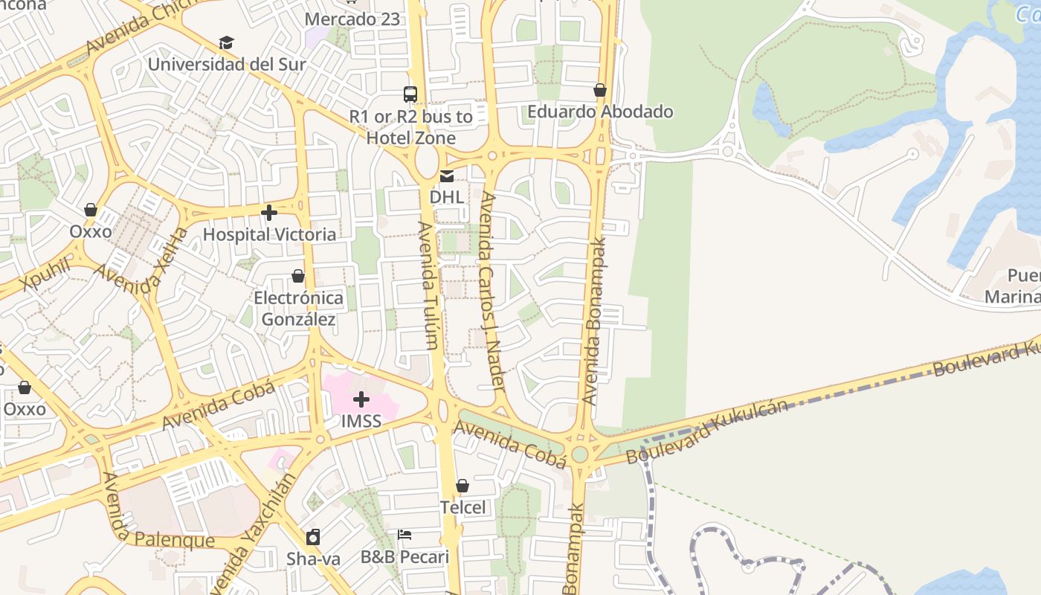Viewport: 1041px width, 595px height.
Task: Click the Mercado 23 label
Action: tap(352, 19)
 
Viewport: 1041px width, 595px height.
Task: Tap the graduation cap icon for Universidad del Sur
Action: tap(226, 43)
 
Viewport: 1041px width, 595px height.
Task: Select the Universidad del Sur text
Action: tap(226, 64)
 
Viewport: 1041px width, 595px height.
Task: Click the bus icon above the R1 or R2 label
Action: tap(410, 94)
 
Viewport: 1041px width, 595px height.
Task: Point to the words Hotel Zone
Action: tap(410, 138)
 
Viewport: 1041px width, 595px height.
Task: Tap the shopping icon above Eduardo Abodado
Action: tap(600, 90)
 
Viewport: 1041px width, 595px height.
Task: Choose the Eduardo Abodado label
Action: tap(600, 112)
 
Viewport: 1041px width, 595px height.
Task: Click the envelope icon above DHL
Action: tap(447, 176)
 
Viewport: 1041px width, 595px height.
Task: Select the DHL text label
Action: tap(447, 197)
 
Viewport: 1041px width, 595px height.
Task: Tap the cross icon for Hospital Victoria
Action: tap(269, 213)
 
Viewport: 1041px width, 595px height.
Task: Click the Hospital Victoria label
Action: tap(269, 234)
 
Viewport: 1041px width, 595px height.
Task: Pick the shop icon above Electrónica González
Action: tap(298, 277)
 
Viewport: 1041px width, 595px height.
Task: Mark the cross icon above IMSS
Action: tap(361, 399)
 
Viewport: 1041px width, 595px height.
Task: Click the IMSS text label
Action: tap(361, 421)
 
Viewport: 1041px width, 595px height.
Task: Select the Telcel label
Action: tap(463, 507)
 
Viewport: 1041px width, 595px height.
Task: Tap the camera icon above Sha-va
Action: tap(313, 537)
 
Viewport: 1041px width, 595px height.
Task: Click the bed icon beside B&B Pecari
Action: tap(405, 535)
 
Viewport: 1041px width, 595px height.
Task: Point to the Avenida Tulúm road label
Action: tap(428, 285)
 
